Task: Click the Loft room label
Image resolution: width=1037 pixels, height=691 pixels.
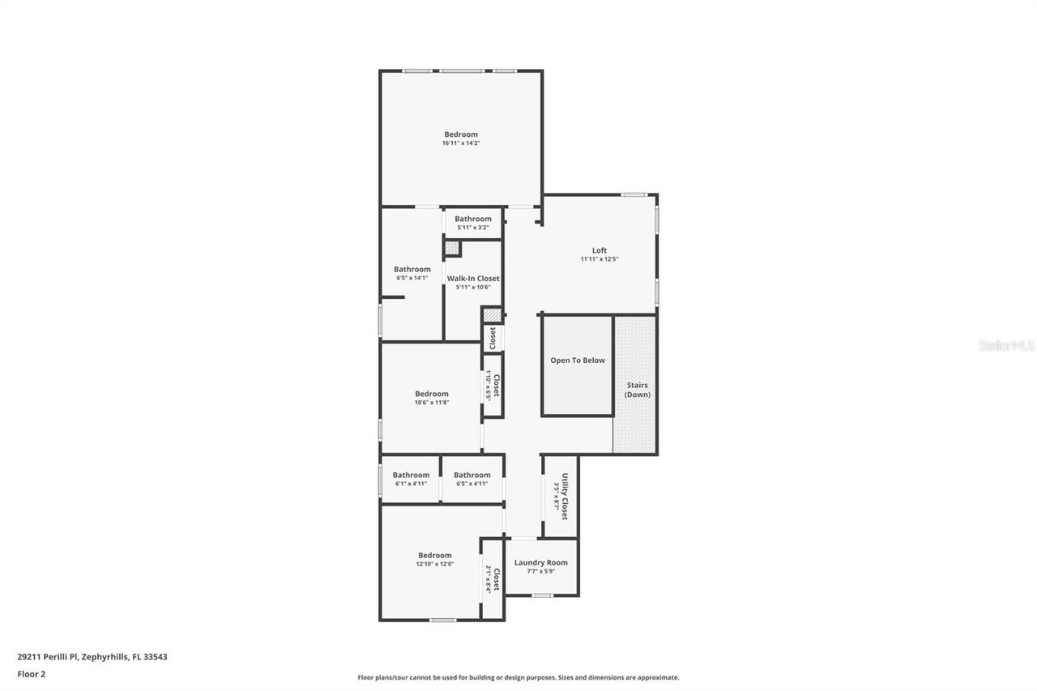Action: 599,250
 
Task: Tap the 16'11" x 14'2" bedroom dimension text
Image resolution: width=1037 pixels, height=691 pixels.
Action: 461,143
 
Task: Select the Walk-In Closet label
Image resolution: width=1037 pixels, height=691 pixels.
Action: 473,278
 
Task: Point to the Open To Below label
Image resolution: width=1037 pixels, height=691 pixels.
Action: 578,360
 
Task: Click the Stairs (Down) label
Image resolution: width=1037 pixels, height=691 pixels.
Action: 636,390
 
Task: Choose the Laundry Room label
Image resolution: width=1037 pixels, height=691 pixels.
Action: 541,562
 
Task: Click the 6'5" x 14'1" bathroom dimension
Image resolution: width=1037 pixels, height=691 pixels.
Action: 412,278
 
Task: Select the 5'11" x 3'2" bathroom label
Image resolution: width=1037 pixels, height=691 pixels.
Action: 472,219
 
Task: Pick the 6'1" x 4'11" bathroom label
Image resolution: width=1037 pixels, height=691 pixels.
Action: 411,476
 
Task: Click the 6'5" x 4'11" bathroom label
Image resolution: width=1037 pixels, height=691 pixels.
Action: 472,476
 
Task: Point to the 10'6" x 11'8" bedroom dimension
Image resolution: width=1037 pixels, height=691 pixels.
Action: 432,403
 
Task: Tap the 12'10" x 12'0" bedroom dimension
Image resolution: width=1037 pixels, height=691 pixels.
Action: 435,564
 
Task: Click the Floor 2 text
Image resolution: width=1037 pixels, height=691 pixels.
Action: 32,673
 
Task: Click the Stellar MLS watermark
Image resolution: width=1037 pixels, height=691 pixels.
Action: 1006,345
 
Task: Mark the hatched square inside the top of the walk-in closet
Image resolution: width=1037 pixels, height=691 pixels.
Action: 452,248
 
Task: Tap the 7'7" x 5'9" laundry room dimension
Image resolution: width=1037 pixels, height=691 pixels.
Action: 541,571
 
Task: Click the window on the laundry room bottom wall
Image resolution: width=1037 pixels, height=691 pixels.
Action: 542,596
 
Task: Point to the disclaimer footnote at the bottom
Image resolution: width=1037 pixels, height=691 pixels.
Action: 518,677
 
